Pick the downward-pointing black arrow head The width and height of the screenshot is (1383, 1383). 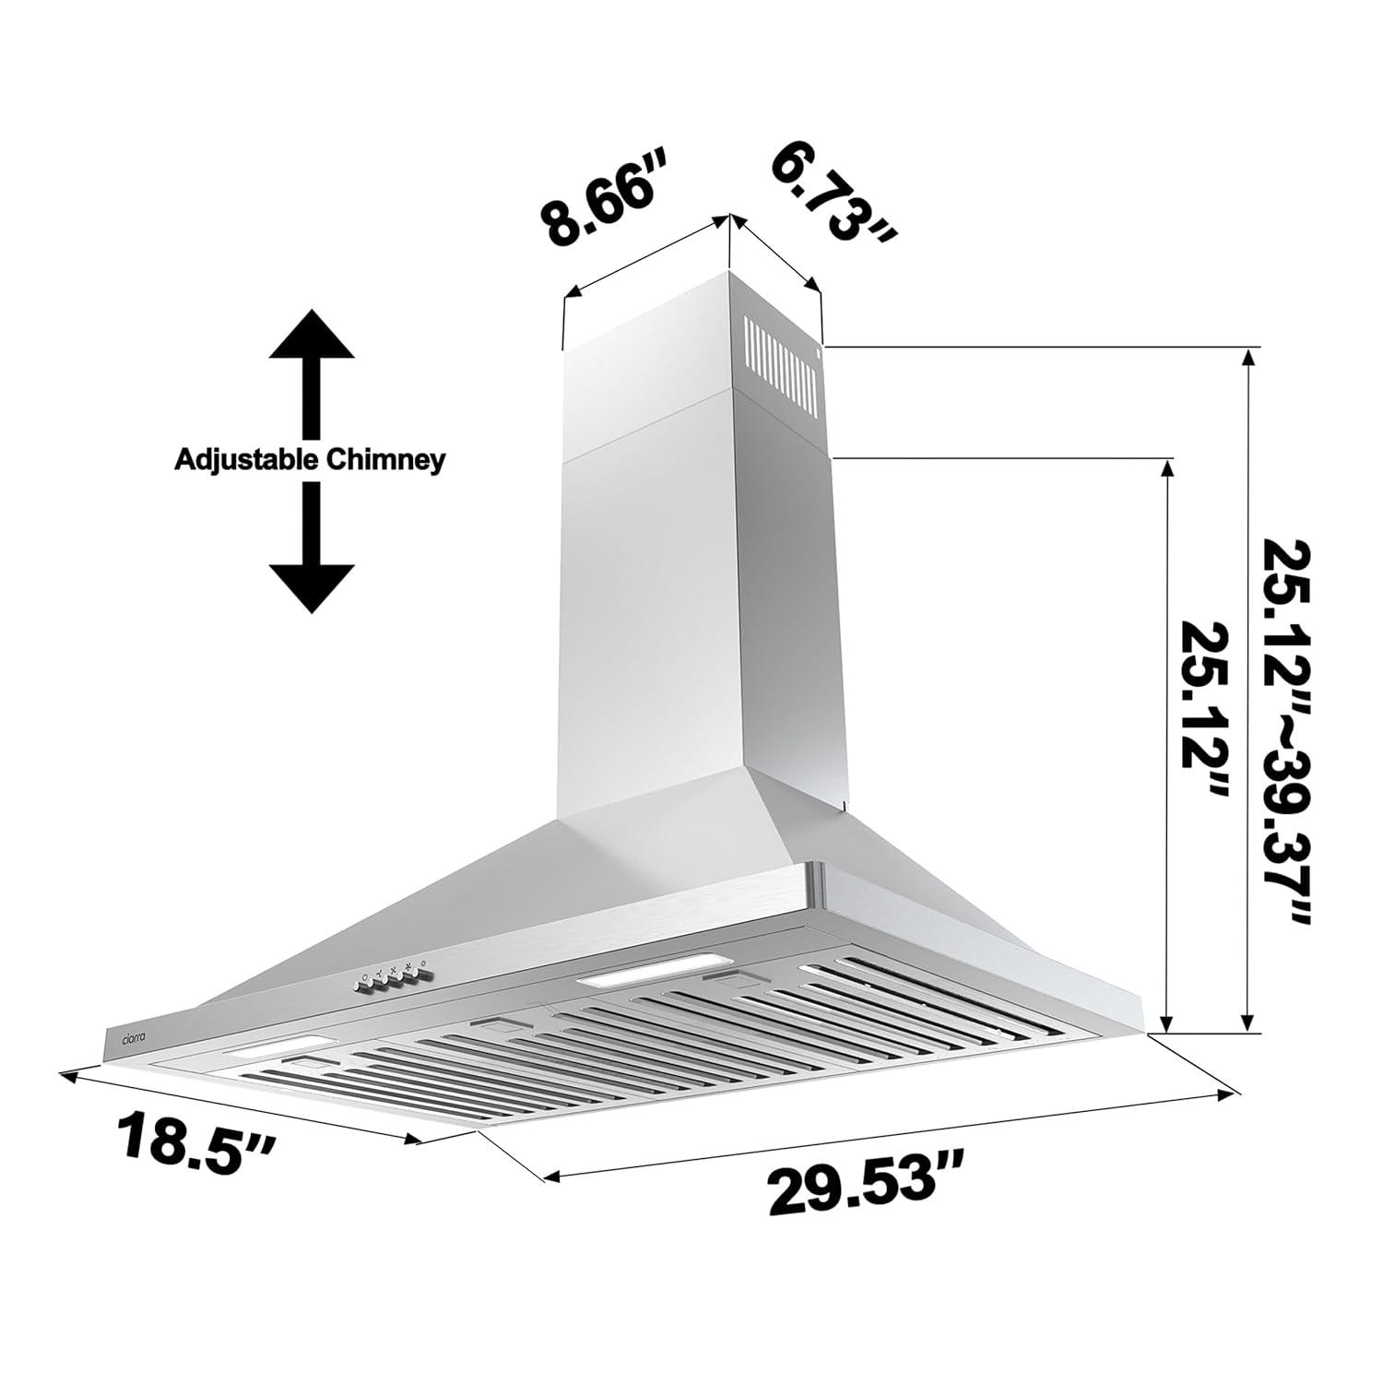311,584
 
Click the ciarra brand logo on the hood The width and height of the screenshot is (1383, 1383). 128,1038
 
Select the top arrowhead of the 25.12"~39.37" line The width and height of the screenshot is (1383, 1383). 1248,356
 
